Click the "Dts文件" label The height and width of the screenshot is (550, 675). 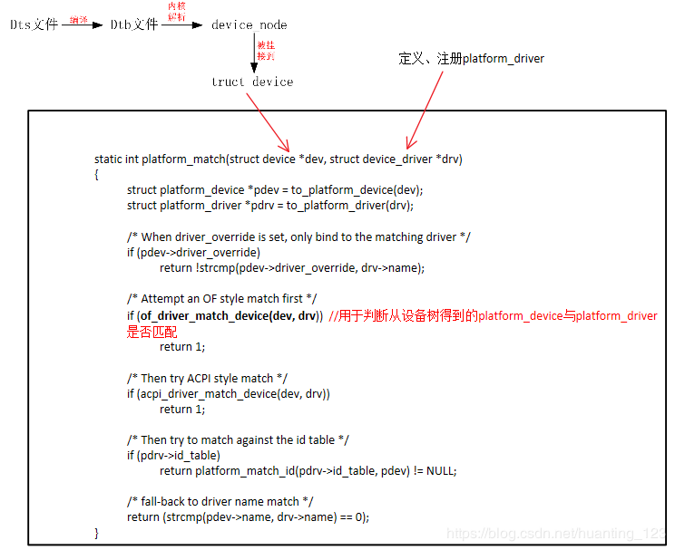34,24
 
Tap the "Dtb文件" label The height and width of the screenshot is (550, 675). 134,24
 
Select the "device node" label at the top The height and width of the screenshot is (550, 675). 249,24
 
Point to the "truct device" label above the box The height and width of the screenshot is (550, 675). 252,82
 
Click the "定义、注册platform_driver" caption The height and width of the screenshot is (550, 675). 472,58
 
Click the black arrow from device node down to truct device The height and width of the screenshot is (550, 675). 254,53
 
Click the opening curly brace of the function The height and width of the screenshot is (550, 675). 97,174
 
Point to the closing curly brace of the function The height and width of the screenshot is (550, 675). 97,533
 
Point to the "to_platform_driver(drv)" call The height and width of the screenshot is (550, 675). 350,206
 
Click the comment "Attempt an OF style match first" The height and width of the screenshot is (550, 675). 222,299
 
